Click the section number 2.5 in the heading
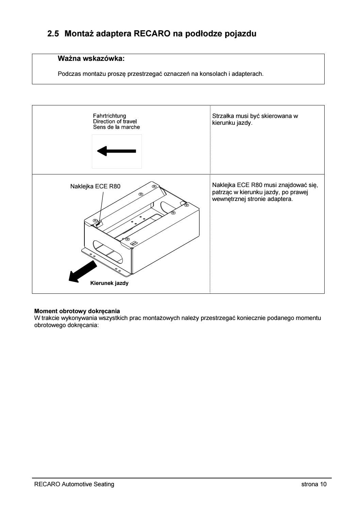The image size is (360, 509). pos(53,34)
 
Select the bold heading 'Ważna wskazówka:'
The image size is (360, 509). pos(92,59)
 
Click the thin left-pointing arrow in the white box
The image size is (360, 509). pos(117,151)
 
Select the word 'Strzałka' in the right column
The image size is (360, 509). pos(222,116)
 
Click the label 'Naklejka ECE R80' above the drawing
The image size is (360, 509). pos(95,186)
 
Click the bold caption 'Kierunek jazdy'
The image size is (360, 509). pos(109,283)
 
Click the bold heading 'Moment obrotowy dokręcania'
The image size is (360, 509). pos(77,311)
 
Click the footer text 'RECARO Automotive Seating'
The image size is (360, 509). pos(74,484)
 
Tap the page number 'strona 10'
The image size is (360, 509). pos(314,484)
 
